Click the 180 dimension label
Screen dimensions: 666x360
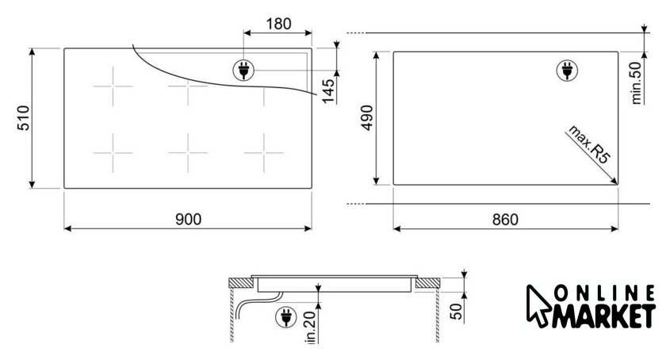[x=278, y=24]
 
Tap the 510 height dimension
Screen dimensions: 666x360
[x=23, y=117]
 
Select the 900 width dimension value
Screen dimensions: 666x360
[x=188, y=220]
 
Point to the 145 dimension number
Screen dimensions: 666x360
[x=328, y=91]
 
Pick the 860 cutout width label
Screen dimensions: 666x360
[x=505, y=220]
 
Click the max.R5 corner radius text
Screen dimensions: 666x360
[x=589, y=144]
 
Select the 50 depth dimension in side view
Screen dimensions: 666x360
[x=456, y=311]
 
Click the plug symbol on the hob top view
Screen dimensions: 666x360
[x=244, y=70]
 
